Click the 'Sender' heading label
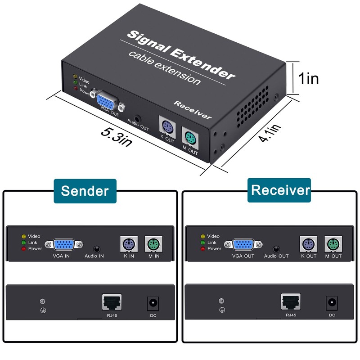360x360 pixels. (85, 190)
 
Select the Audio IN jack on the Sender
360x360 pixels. (96, 248)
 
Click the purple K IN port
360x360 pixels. (129, 245)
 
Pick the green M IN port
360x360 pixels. (153, 245)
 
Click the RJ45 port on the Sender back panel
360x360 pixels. (112, 301)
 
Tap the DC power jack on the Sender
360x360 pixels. (153, 303)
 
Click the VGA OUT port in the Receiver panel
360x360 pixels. (243, 245)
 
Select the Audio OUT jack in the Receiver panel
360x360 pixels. (276, 248)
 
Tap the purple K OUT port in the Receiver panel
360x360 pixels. (308, 245)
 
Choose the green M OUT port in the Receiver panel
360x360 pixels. (333, 245)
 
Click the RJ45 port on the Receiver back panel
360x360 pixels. (290, 301)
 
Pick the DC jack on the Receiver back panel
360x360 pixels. (332, 303)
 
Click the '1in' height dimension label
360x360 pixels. (309, 79)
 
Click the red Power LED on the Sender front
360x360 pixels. (23, 248)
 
